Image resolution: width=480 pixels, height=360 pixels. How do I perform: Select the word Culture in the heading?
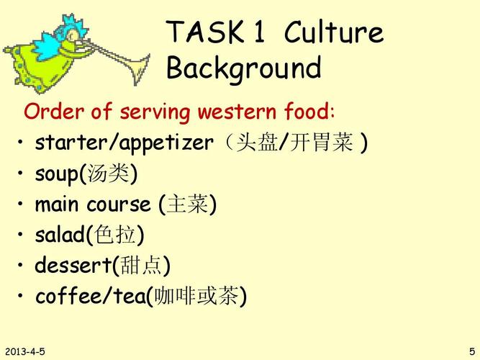click(334, 32)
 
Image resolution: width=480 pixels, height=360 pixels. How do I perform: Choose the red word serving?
click(155, 112)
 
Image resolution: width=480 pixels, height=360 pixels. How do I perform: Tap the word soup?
click(57, 175)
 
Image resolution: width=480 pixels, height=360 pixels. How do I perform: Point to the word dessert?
click(73, 265)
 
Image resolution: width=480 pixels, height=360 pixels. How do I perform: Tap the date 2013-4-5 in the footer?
click(24, 351)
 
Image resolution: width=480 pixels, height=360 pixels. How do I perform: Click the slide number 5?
click(473, 351)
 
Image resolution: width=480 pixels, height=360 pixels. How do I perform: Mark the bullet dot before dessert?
click(20, 266)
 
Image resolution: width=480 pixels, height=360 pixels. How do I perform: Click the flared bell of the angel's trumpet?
click(140, 68)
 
